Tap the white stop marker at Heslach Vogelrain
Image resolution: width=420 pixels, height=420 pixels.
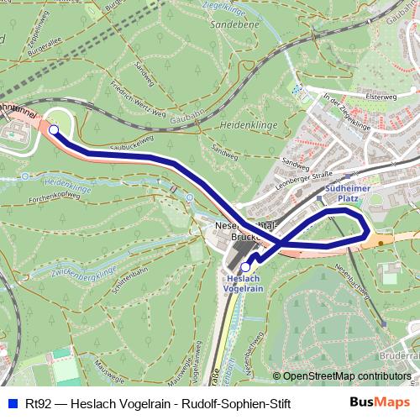coord(245,267)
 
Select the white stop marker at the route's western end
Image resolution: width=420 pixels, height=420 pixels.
coord(53,130)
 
